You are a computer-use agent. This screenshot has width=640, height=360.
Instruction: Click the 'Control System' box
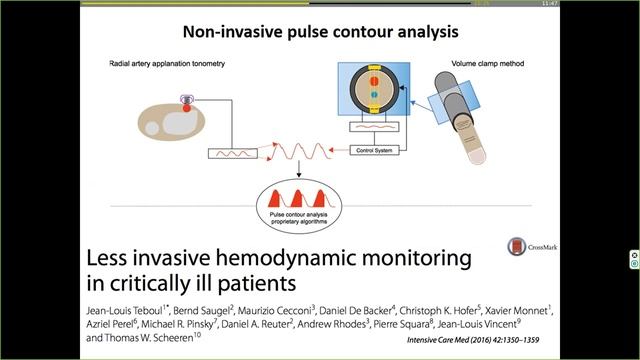pyautogui.click(x=373, y=151)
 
